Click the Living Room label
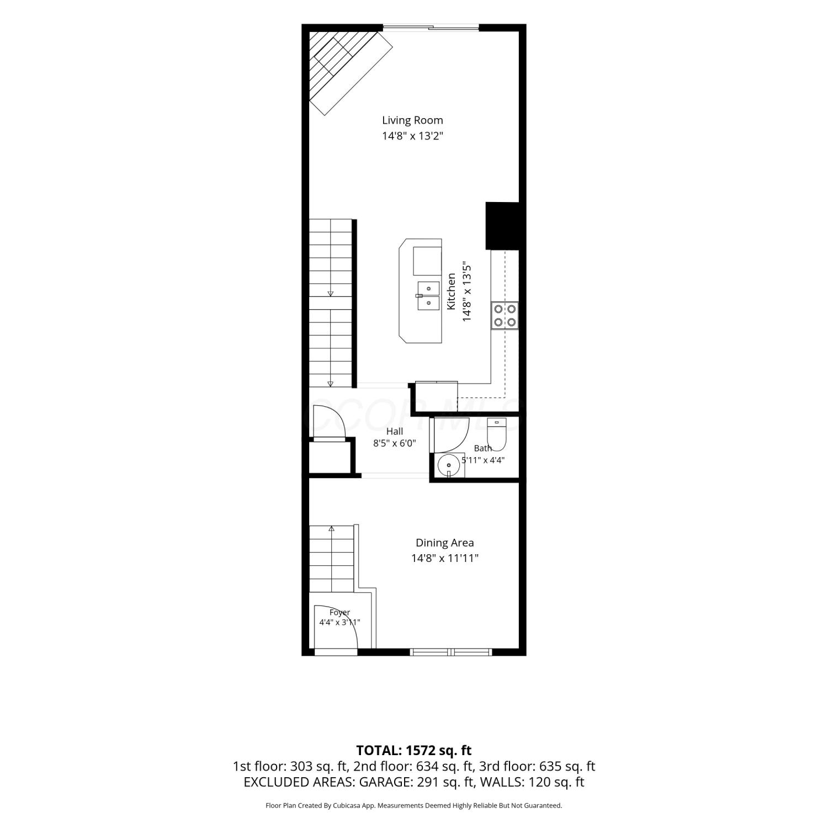point(412,120)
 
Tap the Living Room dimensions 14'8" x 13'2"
point(412,136)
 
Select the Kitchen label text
point(452,291)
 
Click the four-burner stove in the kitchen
point(505,316)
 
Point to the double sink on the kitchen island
point(428,296)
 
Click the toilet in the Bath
point(497,434)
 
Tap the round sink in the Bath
point(449,465)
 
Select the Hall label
point(395,432)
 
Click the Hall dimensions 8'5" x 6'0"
point(395,443)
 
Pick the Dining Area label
point(445,543)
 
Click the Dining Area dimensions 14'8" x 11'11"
point(445,558)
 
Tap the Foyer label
point(340,612)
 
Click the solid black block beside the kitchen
point(502,226)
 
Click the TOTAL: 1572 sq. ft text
point(414,750)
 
